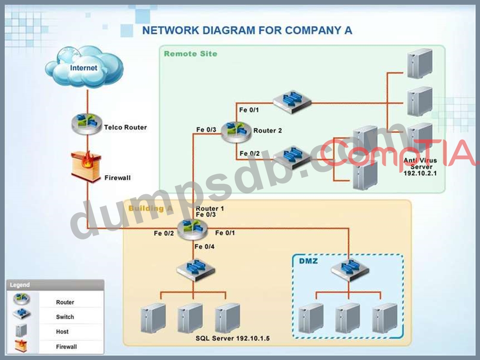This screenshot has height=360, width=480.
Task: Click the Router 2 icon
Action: pyautogui.click(x=236, y=131)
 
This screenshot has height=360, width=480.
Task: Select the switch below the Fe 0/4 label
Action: pyautogui.click(x=195, y=270)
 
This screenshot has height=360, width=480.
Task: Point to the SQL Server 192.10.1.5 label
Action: pyautogui.click(x=232, y=338)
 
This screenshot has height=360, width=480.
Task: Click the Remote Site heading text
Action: pyautogui.click(x=190, y=54)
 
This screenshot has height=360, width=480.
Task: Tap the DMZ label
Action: pyautogui.click(x=308, y=260)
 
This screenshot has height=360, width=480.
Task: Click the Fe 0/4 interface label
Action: pyautogui.click(x=204, y=247)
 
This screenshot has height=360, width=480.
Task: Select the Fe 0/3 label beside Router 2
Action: pyautogui.click(x=206, y=130)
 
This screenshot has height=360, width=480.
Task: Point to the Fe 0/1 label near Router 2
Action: pyautogui.click(x=249, y=110)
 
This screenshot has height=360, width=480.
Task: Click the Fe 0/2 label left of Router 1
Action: pyautogui.click(x=164, y=233)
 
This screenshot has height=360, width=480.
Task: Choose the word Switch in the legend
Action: pyautogui.click(x=65, y=317)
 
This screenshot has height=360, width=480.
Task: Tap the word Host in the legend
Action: pyautogui.click(x=62, y=332)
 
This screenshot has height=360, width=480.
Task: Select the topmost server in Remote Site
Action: pyautogui.click(x=420, y=63)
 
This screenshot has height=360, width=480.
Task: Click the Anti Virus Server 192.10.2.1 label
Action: pyautogui.click(x=420, y=166)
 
